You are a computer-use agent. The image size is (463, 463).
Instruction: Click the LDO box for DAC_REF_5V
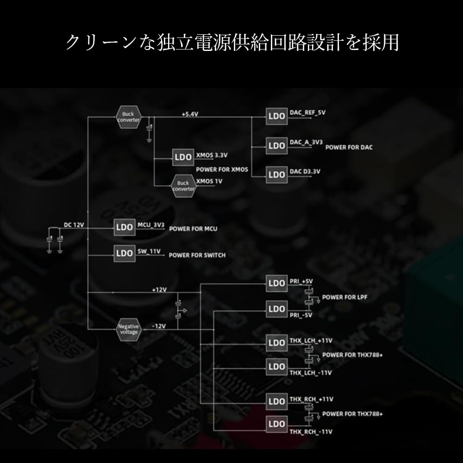pos(276,117)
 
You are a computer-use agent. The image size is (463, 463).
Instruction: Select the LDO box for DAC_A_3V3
pos(276,145)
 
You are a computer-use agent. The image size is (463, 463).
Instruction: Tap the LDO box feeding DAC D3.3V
pos(276,174)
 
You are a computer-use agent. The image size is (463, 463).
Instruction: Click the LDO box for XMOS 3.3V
pos(183,157)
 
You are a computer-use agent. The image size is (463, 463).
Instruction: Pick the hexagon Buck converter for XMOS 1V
pos(183,186)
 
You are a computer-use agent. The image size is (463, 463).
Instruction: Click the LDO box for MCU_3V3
pos(125,227)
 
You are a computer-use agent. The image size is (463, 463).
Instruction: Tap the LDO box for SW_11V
pos(125,253)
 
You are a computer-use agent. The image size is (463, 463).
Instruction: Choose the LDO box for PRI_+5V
pos(276,283)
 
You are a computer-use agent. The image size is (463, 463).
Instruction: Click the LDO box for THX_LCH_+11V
pos(276,343)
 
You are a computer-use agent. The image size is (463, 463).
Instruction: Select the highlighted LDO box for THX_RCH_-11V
pos(276,424)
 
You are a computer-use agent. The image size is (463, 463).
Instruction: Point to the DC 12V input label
pos(74,225)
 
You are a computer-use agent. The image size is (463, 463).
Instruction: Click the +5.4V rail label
pos(190,113)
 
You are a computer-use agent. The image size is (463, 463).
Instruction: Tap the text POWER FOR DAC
pos(349,147)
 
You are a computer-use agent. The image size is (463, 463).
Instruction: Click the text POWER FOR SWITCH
pos(197,255)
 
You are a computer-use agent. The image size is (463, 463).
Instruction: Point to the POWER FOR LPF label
pos(344,297)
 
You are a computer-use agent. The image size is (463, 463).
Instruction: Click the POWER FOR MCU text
pos(193,229)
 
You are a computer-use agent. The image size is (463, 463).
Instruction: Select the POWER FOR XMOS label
pos(222,170)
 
